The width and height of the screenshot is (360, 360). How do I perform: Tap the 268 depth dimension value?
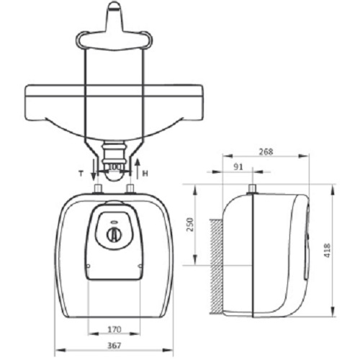(266, 151)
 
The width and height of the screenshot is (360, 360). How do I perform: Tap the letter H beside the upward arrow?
(147, 174)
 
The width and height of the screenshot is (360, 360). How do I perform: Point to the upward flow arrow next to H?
(137, 169)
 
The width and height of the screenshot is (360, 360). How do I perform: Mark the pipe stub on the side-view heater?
(252, 189)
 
